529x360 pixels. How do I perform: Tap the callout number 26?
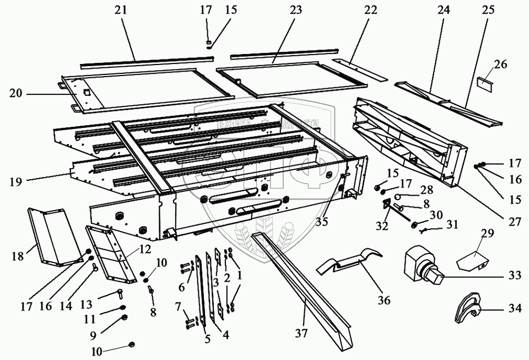coord(500,65)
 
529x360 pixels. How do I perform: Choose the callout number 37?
coord(301,334)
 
